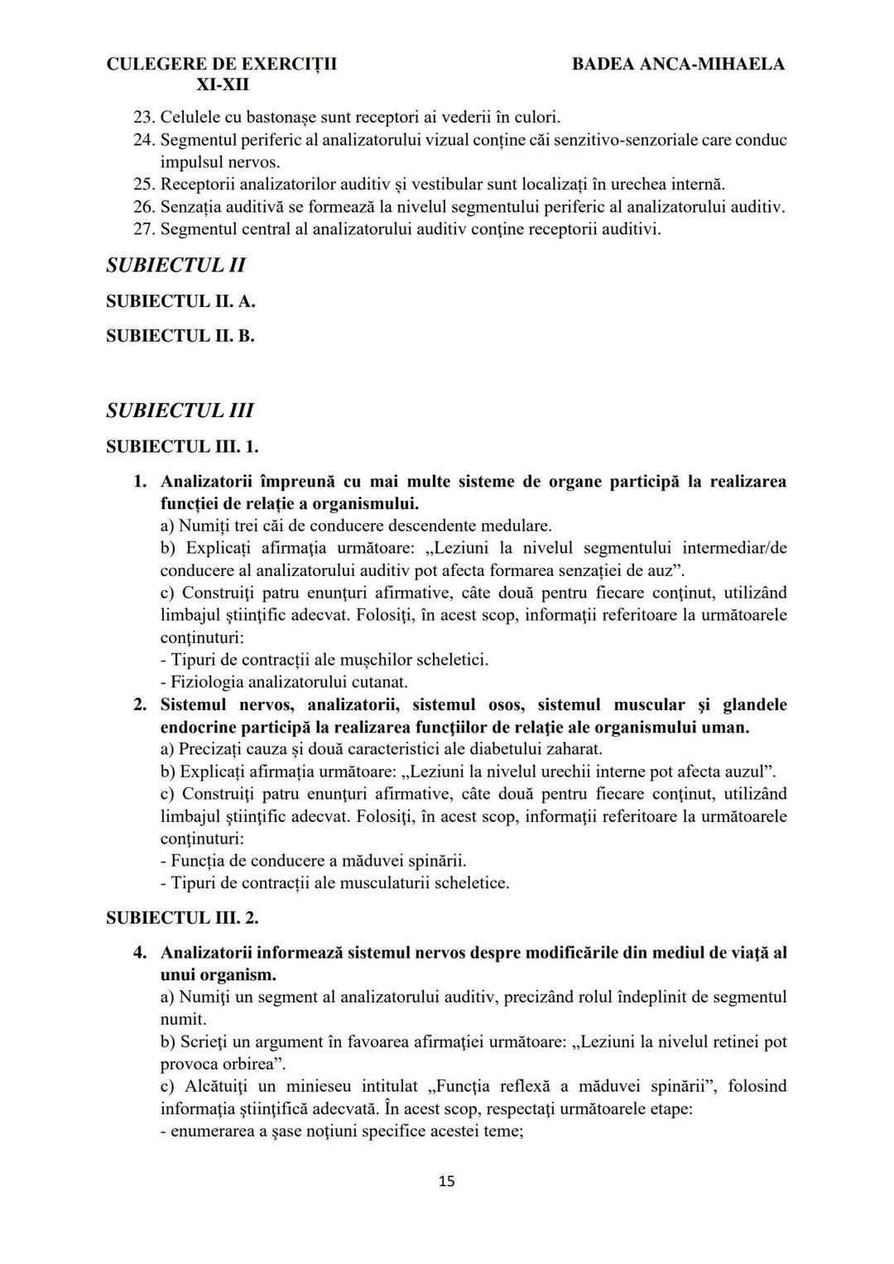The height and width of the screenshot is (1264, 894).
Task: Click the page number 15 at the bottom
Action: click(x=446, y=1181)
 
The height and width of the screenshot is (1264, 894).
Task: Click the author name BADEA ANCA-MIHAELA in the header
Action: click(x=678, y=64)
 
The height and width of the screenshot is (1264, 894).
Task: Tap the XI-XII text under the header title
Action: click(x=222, y=85)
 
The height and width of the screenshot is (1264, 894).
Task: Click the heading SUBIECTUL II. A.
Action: click(x=180, y=301)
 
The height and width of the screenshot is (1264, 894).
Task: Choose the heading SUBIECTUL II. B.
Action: click(x=180, y=336)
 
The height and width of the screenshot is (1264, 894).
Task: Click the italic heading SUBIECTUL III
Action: click(x=180, y=411)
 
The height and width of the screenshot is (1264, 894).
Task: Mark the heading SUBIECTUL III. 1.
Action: click(x=182, y=447)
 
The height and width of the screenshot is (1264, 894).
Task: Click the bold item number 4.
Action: click(x=140, y=953)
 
